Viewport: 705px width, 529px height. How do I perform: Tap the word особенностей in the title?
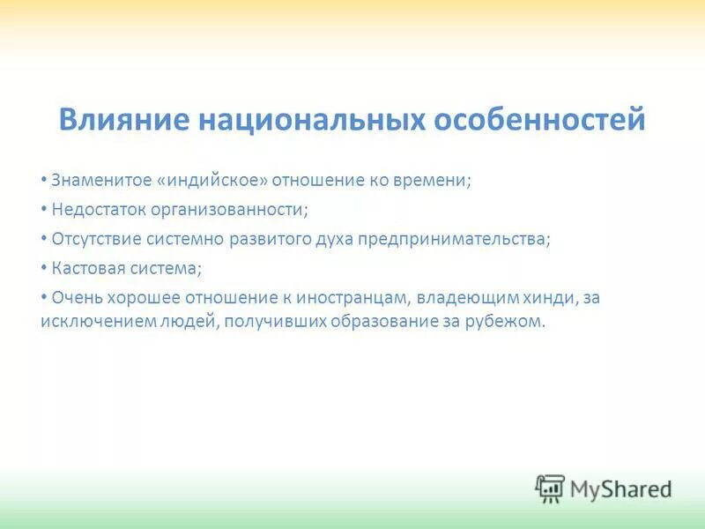(540, 119)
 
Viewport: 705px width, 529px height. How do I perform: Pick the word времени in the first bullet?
(436, 180)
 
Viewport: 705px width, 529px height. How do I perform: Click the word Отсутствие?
(97, 240)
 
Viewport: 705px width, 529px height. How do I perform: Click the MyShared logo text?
(620, 488)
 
